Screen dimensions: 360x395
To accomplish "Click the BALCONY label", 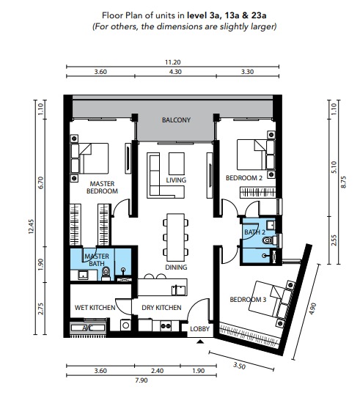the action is click(176, 120).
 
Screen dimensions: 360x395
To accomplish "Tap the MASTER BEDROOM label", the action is click(102, 188).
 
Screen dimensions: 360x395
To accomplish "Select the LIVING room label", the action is click(176, 180).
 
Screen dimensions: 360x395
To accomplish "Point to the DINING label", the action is click(176, 267).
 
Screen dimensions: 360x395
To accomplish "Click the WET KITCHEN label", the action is click(95, 308).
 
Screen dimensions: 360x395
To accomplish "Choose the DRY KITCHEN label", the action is click(161, 308).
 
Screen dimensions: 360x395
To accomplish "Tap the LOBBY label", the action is click(200, 329).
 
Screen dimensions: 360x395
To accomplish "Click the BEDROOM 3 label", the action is click(248, 300).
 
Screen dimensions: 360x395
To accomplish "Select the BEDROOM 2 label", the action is click(244, 178).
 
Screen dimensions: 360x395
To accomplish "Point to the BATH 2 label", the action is click(255, 232).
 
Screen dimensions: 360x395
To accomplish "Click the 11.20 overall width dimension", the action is click(173, 62).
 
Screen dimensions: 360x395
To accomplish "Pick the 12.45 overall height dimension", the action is click(31, 226).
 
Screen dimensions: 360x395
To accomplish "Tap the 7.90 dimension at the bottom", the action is click(142, 380).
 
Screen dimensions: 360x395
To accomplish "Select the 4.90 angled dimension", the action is click(312, 309).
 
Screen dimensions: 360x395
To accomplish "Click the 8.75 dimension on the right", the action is click(343, 182).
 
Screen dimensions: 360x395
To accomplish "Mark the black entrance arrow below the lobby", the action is click(200, 342).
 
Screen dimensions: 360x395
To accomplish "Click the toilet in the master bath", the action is click(106, 273).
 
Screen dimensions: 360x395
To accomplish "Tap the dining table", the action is click(176, 237).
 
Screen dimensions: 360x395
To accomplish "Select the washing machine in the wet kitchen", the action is click(125, 325).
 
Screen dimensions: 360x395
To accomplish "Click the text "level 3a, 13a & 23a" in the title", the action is click(227, 15).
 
